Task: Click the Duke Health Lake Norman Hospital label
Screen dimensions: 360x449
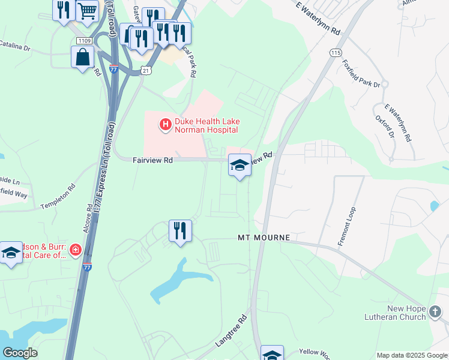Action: coord(206,125)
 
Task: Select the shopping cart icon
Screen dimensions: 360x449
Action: coord(87,11)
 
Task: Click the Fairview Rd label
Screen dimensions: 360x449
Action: coord(152,160)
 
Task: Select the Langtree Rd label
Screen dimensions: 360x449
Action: coord(231,331)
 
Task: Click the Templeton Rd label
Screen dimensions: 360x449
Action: coord(58,196)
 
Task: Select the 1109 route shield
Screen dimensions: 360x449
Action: coord(84,40)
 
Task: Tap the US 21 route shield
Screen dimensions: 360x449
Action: coord(146,70)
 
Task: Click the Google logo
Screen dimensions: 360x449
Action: coord(20,353)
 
